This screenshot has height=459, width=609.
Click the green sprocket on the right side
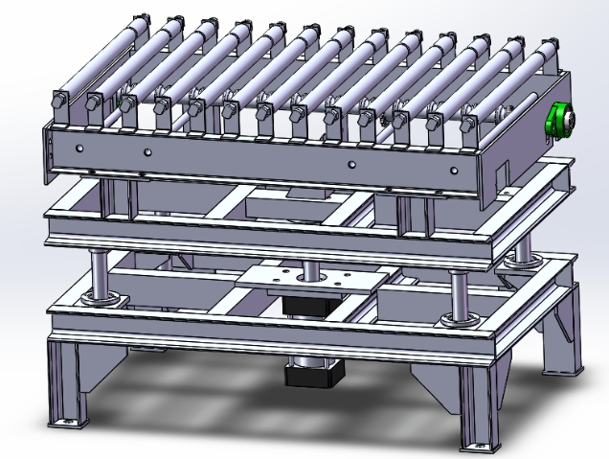[559, 122]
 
